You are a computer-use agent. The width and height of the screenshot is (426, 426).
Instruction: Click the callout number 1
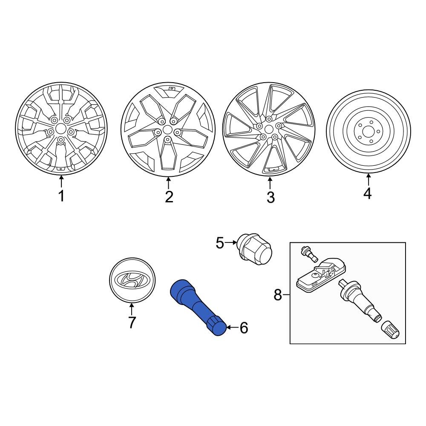[x=61, y=196]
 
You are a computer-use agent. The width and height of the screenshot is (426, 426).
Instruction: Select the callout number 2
[x=169, y=197]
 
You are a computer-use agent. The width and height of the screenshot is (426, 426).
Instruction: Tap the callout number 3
[x=271, y=198]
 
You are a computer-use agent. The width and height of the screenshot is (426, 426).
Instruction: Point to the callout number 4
[x=368, y=193]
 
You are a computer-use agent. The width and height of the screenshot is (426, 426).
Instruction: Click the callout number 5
[x=219, y=243]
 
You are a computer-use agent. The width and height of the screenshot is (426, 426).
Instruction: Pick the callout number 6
[x=243, y=328]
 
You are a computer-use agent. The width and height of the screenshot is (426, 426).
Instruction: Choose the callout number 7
[x=132, y=322]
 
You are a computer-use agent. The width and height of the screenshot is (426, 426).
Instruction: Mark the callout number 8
[x=278, y=294]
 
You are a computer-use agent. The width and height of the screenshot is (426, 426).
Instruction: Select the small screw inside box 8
[x=308, y=253]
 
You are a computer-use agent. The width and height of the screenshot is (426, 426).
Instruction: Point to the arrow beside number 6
[x=232, y=328]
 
